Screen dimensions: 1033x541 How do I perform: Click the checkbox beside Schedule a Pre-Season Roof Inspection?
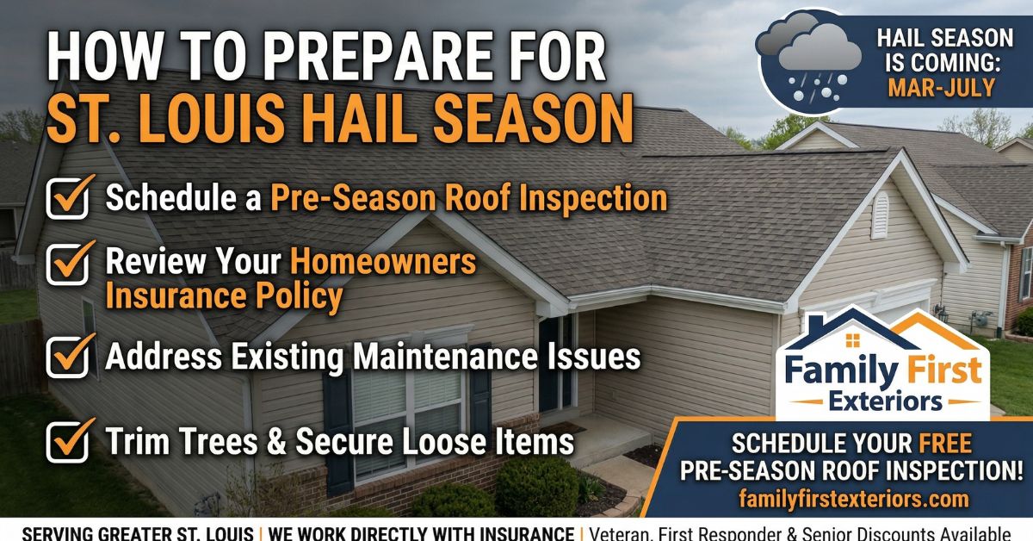tap(68, 198)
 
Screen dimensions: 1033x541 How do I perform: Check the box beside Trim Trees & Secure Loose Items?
tap(68, 442)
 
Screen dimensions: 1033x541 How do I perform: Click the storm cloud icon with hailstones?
tap(809, 60)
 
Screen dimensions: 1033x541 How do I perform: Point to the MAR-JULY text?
tap(941, 88)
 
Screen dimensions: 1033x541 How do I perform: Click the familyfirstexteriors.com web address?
tap(854, 499)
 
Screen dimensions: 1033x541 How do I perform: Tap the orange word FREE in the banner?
tap(945, 444)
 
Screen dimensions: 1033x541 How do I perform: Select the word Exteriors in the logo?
tap(886, 401)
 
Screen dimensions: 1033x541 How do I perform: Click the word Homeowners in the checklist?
tap(383, 261)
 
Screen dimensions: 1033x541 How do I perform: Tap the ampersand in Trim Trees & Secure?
tap(276, 441)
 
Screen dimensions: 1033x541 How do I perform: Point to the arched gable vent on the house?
tap(880, 215)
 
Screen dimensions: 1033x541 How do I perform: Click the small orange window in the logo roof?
tap(853, 340)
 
